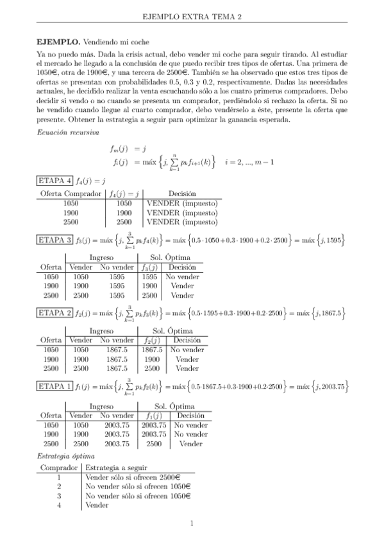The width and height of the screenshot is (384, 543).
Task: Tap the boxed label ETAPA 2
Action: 54,313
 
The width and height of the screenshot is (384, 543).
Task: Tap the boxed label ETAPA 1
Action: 54,386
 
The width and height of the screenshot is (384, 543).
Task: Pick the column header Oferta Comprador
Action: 71,193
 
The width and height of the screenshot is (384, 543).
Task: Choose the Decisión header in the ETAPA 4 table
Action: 181,193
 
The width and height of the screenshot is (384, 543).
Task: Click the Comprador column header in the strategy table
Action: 59,468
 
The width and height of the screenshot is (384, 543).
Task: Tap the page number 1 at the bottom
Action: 192,524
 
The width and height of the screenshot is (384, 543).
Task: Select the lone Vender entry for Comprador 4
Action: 97,505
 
